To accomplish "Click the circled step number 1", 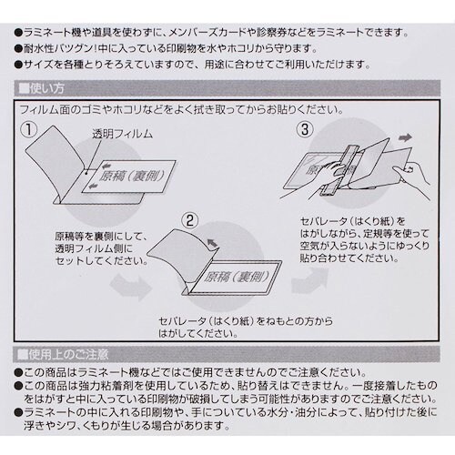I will click(x=31, y=131).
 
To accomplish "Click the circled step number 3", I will click(x=304, y=130).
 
